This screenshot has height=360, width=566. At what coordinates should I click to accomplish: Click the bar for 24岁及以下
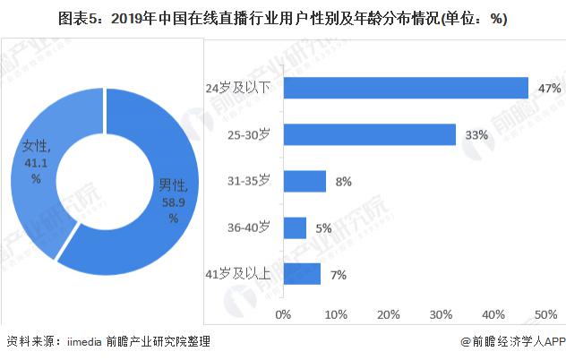click(405, 88)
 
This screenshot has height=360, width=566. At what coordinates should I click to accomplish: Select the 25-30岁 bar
click(369, 134)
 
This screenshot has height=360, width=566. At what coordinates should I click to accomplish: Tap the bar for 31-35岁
click(304, 181)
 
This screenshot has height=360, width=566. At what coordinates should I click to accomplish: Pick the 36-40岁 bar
click(295, 227)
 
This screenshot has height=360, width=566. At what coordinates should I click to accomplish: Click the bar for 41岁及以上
click(301, 274)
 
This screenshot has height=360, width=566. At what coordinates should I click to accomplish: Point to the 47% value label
click(550, 88)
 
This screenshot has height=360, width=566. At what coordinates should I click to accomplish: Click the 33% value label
click(476, 135)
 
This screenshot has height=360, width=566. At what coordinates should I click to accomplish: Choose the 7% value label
click(338, 275)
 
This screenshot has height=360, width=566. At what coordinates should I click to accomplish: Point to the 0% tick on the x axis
click(283, 314)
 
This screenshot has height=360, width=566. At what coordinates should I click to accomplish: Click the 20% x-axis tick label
click(388, 314)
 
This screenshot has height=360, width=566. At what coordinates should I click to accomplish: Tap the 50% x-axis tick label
click(545, 314)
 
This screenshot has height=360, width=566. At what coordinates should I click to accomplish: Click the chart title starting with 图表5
click(283, 18)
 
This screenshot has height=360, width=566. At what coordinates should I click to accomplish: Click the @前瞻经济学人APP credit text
click(510, 342)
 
